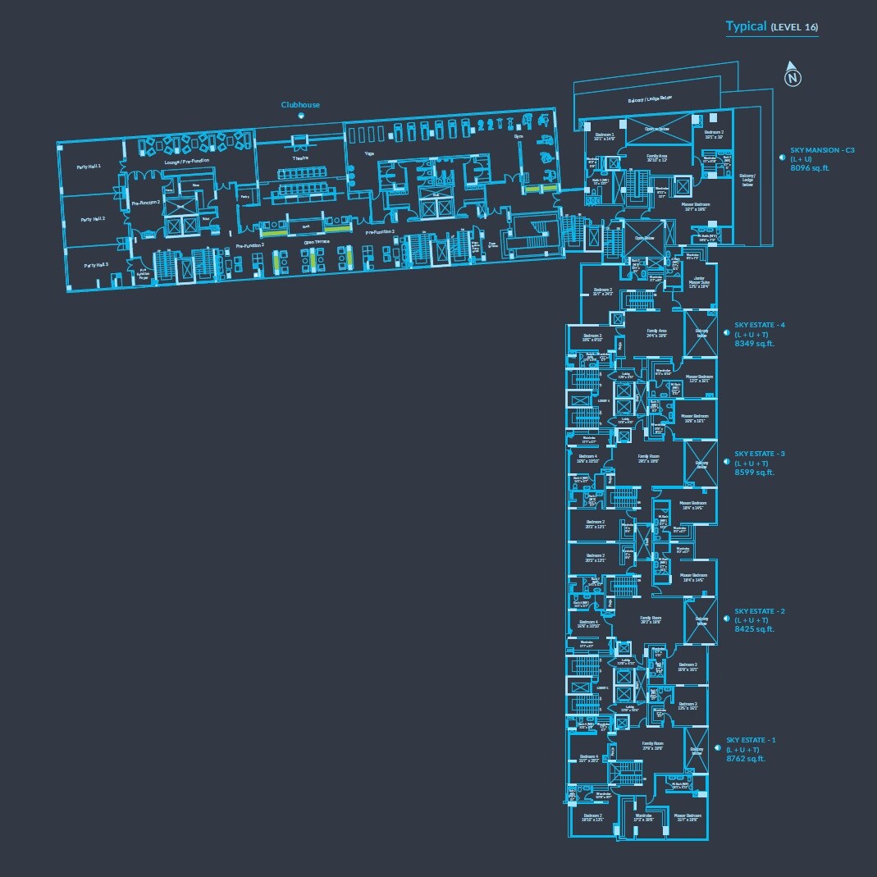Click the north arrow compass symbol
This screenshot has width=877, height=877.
(x=792, y=75)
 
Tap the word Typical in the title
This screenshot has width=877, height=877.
(x=746, y=26)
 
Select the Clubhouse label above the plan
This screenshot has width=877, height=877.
(x=300, y=105)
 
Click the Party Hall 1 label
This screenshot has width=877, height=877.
(x=89, y=167)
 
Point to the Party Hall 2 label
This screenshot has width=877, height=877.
(x=92, y=220)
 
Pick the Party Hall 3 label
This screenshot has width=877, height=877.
(x=96, y=265)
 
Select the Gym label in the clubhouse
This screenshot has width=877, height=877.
(x=518, y=137)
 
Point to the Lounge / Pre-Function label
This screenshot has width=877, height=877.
(x=186, y=162)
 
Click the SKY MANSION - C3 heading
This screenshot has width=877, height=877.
(x=822, y=150)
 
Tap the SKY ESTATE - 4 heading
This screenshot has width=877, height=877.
(x=760, y=325)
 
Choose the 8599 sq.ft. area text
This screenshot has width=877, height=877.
(x=754, y=473)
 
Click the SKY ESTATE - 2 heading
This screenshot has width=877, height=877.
(x=760, y=611)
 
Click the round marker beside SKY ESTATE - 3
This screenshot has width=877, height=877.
(x=725, y=462)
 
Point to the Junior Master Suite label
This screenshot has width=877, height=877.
(x=698, y=282)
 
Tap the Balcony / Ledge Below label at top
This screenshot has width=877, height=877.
(x=650, y=98)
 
